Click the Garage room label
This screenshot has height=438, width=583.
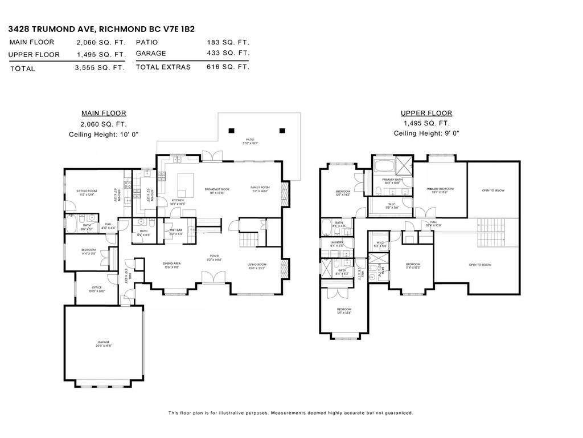[x=103, y=343]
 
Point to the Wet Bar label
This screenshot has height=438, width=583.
[x=175, y=232]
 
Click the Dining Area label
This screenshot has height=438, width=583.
[x=172, y=264]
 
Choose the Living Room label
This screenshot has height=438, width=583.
[x=257, y=265]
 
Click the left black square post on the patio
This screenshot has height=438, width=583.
[x=231, y=131]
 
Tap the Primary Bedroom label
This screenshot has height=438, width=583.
[x=440, y=190]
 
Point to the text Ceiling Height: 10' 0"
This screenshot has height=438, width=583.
[x=104, y=134]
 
